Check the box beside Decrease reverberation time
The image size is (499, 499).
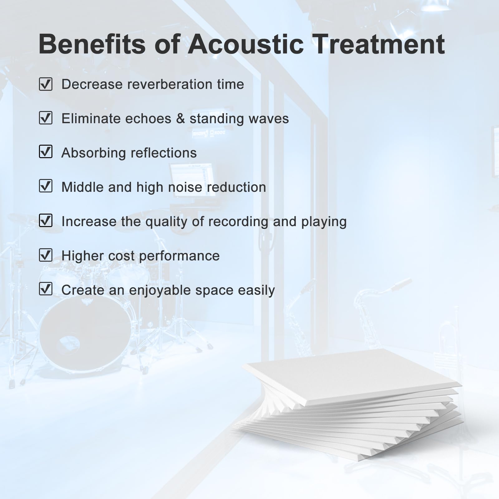point(46,84)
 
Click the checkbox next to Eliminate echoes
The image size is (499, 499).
point(46,118)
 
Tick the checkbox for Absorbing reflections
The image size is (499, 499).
point(46,152)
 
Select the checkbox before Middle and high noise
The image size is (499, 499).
point(46,186)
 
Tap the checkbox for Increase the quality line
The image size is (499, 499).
point(46,220)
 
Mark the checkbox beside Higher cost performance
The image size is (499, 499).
point(46,255)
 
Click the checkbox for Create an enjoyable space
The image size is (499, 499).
point(46,289)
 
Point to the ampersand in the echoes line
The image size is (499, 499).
point(181,119)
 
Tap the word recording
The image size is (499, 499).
point(238,222)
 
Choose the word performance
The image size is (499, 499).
point(179,256)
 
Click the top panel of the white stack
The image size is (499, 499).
point(346,374)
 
